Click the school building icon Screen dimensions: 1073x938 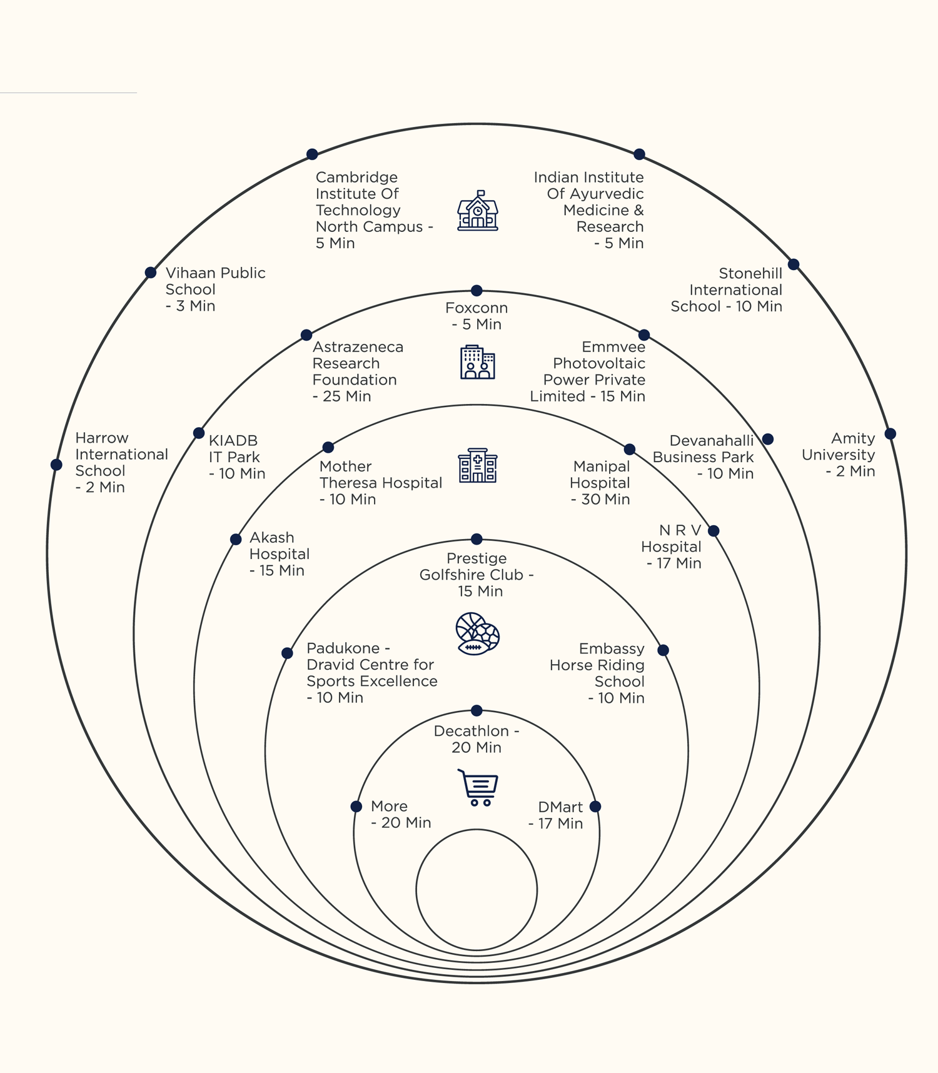(x=478, y=211)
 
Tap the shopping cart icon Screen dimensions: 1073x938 (x=478, y=787)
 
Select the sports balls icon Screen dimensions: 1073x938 (x=478, y=633)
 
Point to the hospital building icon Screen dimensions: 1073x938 (x=478, y=466)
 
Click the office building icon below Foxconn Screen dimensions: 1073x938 (x=478, y=362)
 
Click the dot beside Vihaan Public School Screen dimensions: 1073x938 (x=151, y=273)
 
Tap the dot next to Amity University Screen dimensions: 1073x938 (x=890, y=434)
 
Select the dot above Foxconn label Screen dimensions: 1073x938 (x=477, y=290)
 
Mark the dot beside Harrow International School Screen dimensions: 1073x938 (x=56, y=465)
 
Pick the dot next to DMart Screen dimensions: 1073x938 (x=595, y=807)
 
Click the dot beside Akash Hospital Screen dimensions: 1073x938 (x=236, y=539)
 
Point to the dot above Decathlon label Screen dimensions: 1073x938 (x=477, y=710)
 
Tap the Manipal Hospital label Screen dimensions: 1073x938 (x=600, y=483)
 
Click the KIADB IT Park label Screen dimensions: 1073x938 (x=236, y=457)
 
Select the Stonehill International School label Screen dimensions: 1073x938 (x=727, y=290)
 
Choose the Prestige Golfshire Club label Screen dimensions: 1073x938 (x=477, y=575)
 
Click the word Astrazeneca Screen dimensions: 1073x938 (x=358, y=347)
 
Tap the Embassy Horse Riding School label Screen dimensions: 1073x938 (x=597, y=673)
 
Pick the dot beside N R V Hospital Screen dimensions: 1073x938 (x=714, y=531)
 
